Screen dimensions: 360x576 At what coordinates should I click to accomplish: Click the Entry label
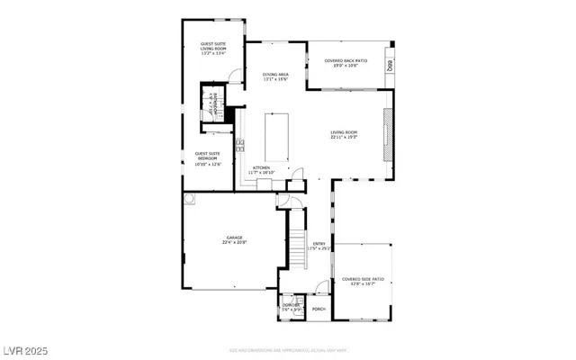click(319, 246)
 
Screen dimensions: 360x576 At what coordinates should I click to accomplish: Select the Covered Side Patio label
click(362, 282)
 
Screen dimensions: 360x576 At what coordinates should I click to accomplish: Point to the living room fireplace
click(389, 135)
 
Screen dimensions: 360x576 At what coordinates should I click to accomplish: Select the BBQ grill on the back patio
click(391, 66)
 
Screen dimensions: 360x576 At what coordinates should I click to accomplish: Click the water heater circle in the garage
click(191, 197)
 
